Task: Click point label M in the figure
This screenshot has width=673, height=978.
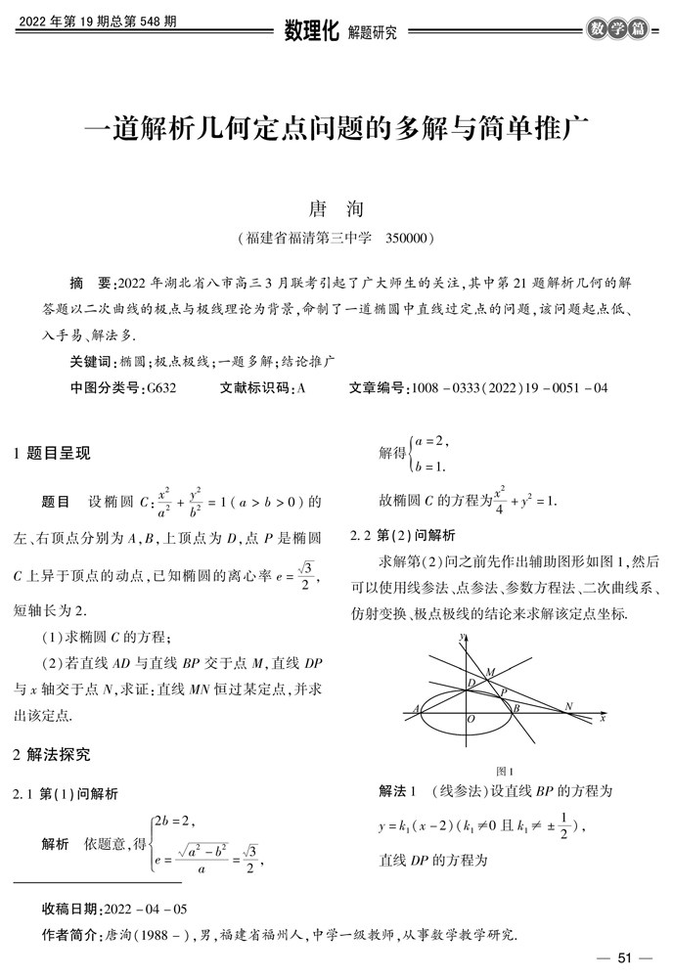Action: coord(489,672)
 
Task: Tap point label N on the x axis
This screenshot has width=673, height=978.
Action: coord(568,704)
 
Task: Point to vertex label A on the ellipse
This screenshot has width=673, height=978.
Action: coord(418,708)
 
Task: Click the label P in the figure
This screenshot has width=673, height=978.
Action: coord(503,690)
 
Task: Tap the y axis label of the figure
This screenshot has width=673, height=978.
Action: coord(460,638)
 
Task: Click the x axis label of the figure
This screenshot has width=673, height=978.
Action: coord(604,718)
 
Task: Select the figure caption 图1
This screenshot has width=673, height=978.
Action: coord(506,770)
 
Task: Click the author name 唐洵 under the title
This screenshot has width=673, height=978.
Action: coord(336,208)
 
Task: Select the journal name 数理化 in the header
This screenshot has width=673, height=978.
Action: coord(310,31)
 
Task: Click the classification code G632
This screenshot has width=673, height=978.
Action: coord(159,388)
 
